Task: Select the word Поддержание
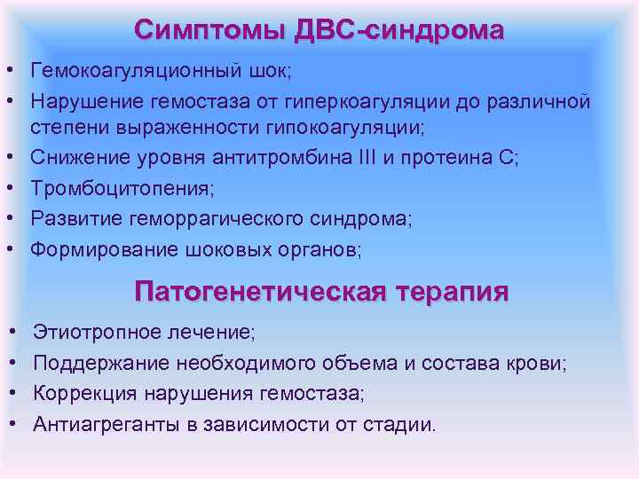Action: pyautogui.click(x=100, y=363)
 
